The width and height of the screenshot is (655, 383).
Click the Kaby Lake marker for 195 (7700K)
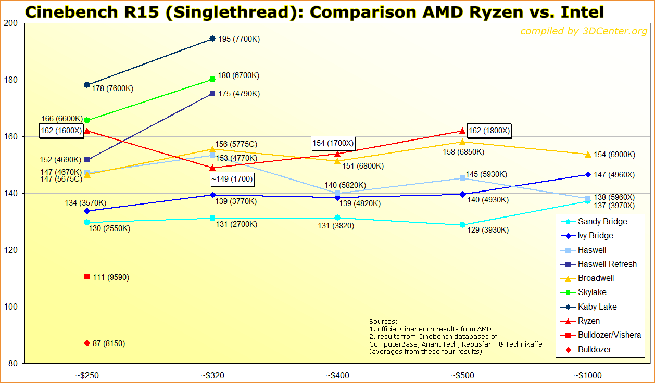[x=212, y=39]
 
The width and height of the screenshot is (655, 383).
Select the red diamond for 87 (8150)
[x=87, y=343]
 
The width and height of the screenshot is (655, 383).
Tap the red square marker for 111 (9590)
[x=87, y=277]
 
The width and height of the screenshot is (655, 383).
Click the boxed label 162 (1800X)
[x=489, y=131]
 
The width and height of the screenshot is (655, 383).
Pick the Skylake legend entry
[x=592, y=292]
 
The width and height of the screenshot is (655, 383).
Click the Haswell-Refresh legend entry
[x=607, y=264]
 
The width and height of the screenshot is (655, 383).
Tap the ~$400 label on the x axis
[x=337, y=375]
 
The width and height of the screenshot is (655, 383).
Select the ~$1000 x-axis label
[x=588, y=375]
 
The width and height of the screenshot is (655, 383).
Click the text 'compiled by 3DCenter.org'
[x=584, y=32]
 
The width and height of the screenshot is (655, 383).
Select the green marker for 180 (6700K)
[x=212, y=79]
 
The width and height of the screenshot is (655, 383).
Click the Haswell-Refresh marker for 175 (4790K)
[x=212, y=93]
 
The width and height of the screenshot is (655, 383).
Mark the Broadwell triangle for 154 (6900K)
[x=588, y=155]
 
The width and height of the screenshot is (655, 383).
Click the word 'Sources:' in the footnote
[x=383, y=322]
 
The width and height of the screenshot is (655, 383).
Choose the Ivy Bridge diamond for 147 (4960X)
[x=588, y=174]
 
